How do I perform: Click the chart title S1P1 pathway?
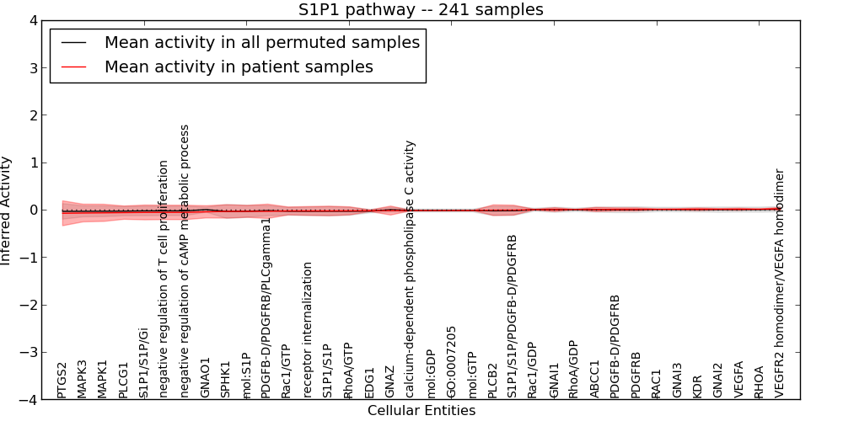click(421, 10)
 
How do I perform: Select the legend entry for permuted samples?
click(261, 42)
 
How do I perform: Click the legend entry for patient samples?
click(239, 67)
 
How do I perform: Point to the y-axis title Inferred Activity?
click(7, 210)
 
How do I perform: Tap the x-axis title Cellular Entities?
click(421, 411)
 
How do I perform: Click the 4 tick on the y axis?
click(33, 20)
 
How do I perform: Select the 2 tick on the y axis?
click(33, 115)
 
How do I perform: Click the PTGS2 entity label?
click(62, 380)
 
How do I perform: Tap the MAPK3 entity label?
click(82, 379)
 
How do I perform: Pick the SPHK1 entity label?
click(226, 380)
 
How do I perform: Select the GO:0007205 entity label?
click(452, 361)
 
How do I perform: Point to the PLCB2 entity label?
click(492, 380)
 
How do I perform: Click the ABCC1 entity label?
click(595, 381)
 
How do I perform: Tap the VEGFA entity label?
click(738, 380)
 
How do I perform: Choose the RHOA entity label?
click(760, 381)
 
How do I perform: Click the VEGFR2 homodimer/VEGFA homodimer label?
click(780, 283)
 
